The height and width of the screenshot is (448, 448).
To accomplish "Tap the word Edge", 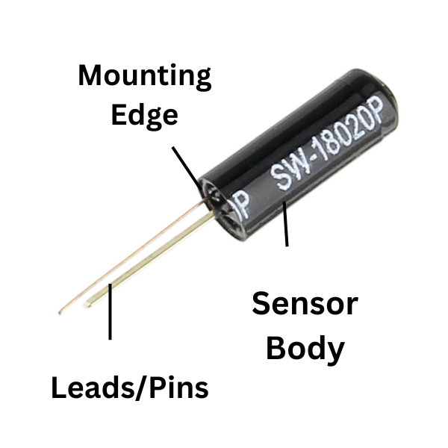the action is point(145,116).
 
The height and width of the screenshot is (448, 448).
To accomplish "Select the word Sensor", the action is point(305,304).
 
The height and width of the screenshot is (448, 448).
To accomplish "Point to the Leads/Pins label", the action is point(130,388).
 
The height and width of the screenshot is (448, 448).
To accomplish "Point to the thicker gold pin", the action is point(149,261).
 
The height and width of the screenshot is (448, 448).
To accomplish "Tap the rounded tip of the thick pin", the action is point(87,304).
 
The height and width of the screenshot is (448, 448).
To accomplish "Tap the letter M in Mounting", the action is point(91,75).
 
